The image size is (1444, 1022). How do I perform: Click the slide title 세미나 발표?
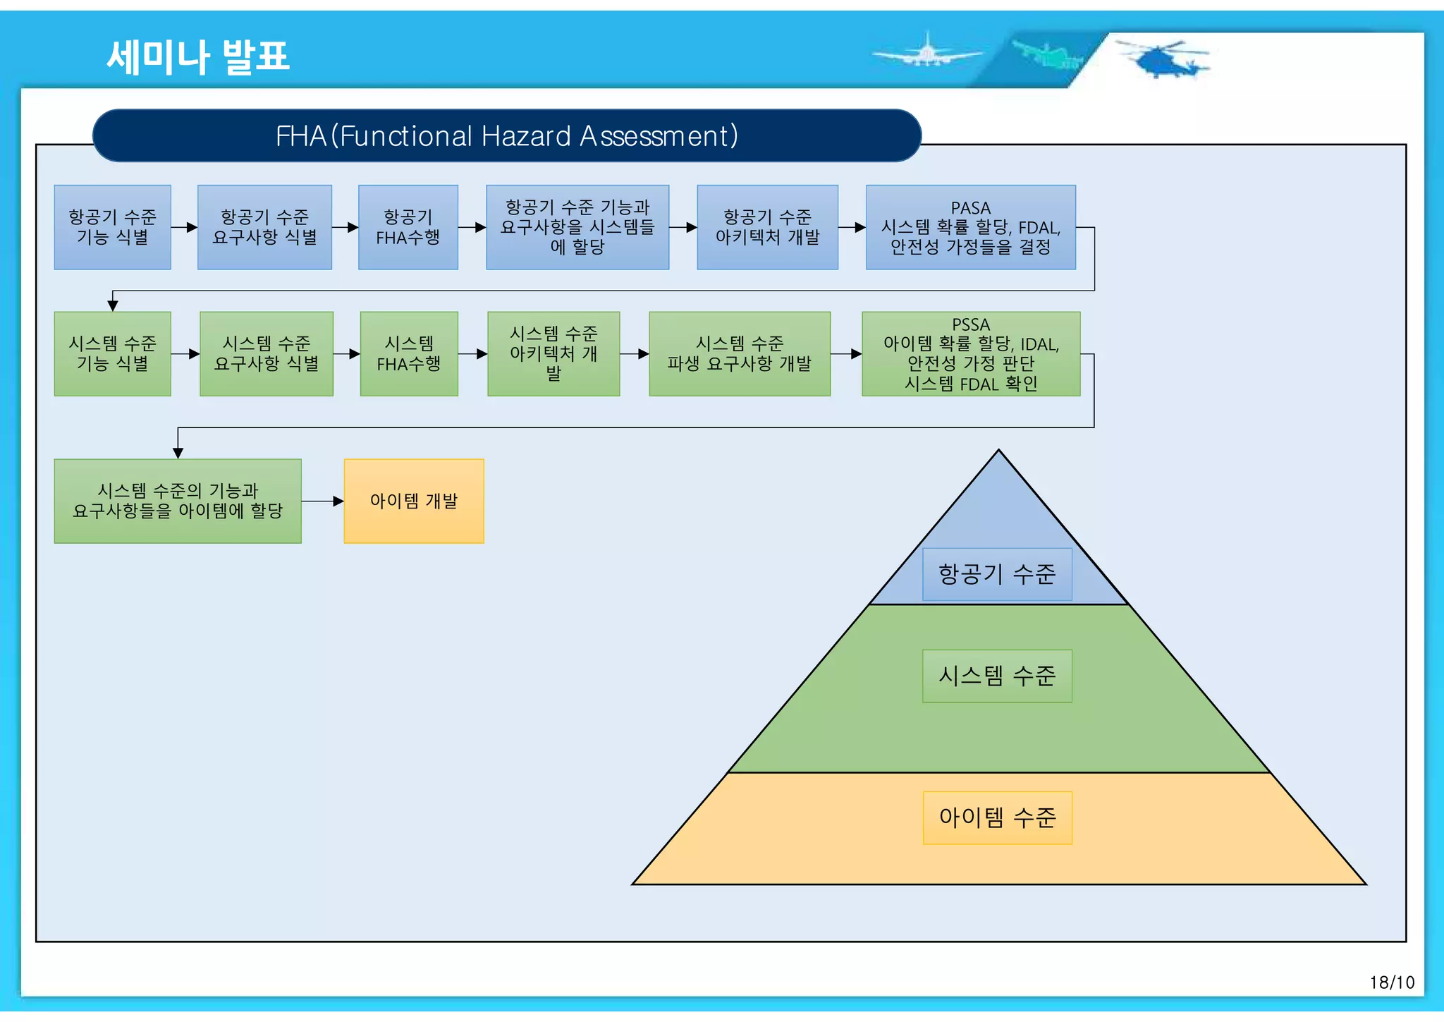coord(198,57)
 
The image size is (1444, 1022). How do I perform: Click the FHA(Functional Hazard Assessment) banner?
coord(506,135)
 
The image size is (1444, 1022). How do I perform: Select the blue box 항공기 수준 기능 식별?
coord(112,227)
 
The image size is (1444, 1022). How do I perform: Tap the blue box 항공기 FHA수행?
coord(408,227)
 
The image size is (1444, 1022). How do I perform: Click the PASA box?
coord(970,227)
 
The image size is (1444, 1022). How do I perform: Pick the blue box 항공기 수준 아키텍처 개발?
coord(767,227)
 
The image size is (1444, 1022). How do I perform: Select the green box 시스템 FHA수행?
coord(408,353)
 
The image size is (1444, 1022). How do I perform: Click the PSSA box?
coord(970,353)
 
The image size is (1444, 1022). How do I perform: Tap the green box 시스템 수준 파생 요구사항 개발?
coord(739,353)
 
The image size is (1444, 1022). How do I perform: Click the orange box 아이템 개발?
coord(413,501)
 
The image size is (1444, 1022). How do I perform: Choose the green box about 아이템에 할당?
coord(178,501)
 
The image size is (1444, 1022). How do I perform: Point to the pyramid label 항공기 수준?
coord(997,574)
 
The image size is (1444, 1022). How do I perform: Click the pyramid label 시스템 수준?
coord(997,676)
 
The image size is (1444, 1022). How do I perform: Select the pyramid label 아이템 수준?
coord(997,817)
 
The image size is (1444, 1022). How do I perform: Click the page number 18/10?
coord(1391,983)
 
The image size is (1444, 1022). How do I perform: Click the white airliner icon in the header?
coord(926,52)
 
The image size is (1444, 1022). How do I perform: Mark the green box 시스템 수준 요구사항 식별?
coord(266,353)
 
